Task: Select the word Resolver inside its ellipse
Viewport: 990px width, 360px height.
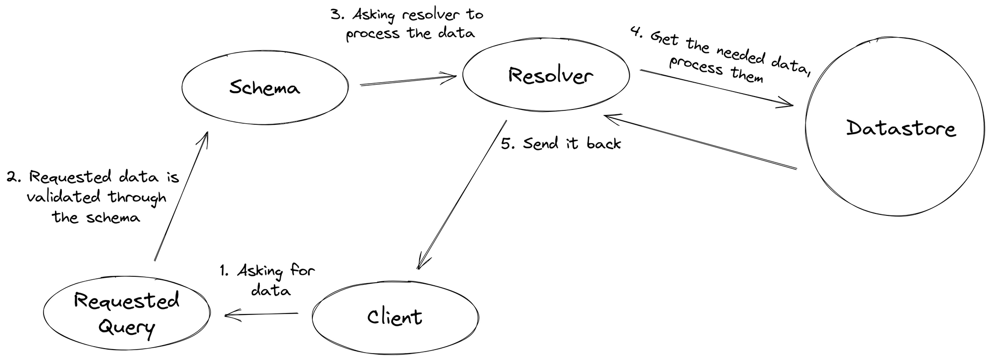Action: (x=550, y=76)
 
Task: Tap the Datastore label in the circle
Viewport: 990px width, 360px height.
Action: (x=900, y=128)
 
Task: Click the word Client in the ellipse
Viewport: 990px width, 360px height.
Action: (x=395, y=317)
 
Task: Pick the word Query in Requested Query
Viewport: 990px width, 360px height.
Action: (x=127, y=327)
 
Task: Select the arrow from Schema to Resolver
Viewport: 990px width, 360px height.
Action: (x=407, y=81)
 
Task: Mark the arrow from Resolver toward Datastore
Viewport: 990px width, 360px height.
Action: (x=716, y=88)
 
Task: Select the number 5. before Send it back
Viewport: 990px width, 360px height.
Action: (x=508, y=144)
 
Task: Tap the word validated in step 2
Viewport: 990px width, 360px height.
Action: (x=63, y=197)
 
